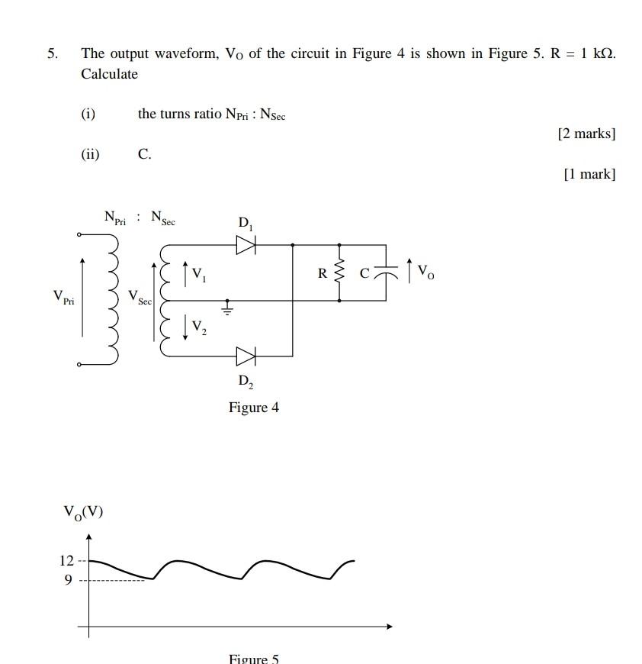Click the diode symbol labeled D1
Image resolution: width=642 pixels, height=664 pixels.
[246, 245]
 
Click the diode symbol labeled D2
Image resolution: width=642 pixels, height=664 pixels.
[246, 356]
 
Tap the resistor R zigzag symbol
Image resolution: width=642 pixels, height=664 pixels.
[339, 272]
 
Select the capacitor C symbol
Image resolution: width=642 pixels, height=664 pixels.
[387, 272]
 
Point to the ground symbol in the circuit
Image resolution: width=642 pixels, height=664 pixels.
[226, 309]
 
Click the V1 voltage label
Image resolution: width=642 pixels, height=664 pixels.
[198, 275]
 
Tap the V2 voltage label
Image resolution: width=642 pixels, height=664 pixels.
[198, 327]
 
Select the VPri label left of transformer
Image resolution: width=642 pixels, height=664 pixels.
[63, 297]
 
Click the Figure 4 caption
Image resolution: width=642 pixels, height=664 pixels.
[254, 408]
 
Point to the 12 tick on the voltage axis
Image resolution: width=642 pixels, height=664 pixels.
[67, 561]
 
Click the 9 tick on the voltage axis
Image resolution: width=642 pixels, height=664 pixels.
[68, 580]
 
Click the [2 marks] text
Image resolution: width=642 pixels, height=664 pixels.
[586, 134]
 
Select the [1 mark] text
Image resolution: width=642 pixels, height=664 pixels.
[589, 174]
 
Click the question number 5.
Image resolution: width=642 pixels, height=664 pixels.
[52, 53]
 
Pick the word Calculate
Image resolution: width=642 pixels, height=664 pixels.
[110, 74]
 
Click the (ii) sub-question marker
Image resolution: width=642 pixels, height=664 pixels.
[90, 154]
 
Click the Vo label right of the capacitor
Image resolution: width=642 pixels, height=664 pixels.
[426, 272]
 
